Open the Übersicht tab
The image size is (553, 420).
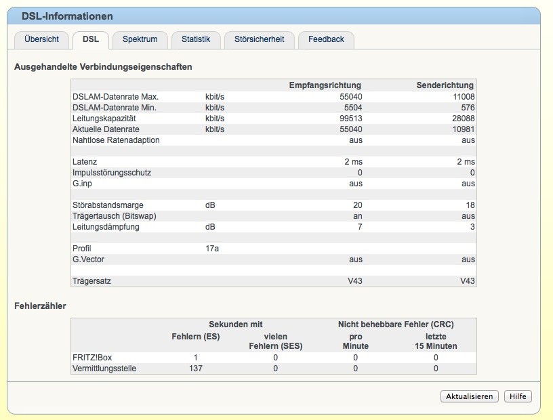coord(41,39)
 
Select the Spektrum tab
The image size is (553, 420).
coord(140,39)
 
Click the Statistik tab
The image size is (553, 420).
coord(196,39)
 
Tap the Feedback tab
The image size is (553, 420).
coord(326,39)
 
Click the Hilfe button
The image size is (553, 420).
coord(518,396)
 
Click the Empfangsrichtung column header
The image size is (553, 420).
coord(325,85)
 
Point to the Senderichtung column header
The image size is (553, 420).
coord(445,85)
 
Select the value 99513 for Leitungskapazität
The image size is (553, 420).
coord(351,119)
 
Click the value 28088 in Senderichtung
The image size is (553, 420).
coord(464,119)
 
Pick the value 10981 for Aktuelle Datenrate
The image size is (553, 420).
coord(464,129)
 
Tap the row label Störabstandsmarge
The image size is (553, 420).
coord(108,205)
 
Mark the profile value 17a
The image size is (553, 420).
coord(212,249)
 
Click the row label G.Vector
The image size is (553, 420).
coord(88,259)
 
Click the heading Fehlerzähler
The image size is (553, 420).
coord(40,306)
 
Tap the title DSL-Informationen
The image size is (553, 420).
coord(67,16)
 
